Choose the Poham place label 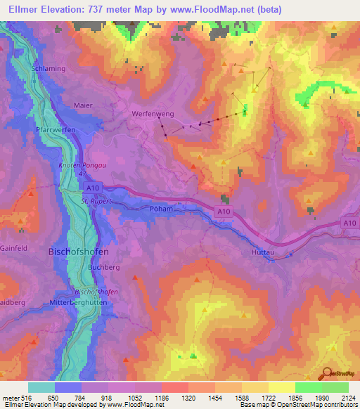(x=161, y=209)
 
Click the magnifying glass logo (x=326, y=373)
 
